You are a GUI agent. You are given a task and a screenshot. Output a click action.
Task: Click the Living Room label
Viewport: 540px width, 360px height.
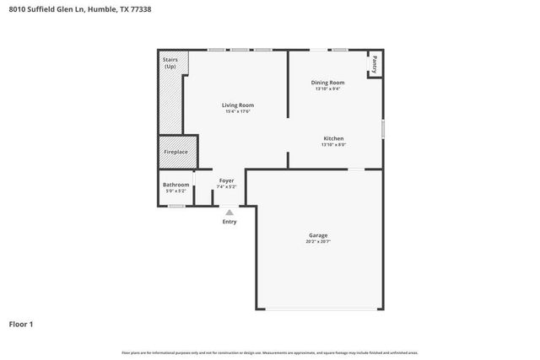[x=238, y=105]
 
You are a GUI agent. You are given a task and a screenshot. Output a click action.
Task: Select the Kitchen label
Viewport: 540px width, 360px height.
[x=333, y=138]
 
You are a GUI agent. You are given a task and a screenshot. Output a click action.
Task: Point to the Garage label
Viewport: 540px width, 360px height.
[x=318, y=235]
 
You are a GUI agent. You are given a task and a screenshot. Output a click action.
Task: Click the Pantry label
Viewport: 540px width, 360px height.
[x=374, y=65]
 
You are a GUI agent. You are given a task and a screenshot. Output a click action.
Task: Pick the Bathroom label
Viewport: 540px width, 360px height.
[x=175, y=185]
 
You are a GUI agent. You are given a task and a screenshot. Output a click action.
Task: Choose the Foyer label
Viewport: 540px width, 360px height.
[x=226, y=180]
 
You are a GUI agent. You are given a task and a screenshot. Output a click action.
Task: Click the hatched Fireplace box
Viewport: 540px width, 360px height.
[x=176, y=152]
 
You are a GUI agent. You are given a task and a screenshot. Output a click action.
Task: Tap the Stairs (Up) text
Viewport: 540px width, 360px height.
[x=170, y=63]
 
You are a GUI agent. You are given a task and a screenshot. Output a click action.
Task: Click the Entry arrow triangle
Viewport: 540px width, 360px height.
[x=229, y=213]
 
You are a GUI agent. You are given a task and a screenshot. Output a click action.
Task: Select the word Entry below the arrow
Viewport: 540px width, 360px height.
[x=229, y=222]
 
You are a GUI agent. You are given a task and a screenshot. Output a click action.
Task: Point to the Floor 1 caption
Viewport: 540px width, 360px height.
[x=21, y=323]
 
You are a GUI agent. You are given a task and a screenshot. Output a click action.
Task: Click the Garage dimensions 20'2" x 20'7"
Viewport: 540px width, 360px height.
[x=318, y=242]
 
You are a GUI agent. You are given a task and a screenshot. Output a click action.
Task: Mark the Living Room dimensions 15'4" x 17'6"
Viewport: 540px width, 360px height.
[x=238, y=112]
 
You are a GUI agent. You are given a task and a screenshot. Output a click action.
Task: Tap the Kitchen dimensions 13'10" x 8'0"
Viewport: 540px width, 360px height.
[x=333, y=145]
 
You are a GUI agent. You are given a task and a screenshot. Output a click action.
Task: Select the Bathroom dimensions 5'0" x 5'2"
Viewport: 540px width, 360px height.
[x=175, y=191]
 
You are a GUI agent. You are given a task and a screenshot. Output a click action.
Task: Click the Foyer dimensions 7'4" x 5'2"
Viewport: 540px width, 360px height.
[x=226, y=186]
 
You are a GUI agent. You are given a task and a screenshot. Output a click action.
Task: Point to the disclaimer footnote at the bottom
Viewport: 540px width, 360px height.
[x=270, y=352]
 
